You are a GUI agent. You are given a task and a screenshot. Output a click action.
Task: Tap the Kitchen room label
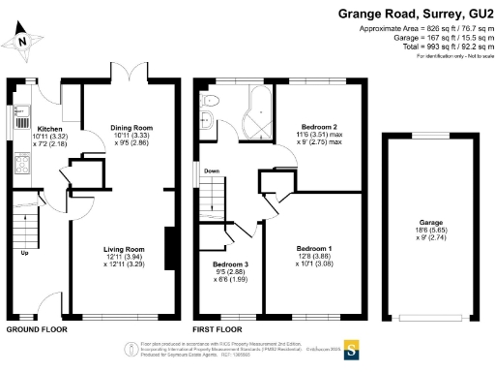(x=48, y=128)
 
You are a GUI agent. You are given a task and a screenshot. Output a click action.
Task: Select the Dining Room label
(x=131, y=128)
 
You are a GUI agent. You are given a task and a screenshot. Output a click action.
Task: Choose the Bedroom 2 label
(x=318, y=127)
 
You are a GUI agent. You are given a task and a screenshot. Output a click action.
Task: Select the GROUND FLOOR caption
(x=37, y=329)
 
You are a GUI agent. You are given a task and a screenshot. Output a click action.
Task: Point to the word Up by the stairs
(x=24, y=255)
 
